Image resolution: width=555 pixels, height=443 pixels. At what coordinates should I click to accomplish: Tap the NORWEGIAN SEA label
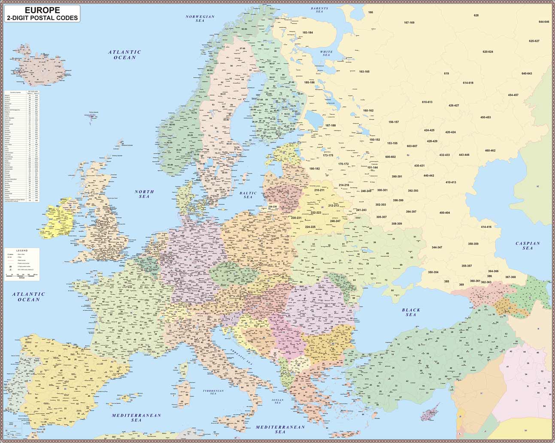[x=200, y=18]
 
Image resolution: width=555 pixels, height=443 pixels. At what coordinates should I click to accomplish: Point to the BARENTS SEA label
[x=319, y=10]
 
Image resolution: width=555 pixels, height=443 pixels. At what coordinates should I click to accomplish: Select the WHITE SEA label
[x=327, y=53]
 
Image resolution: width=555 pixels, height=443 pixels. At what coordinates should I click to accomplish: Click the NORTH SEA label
[x=144, y=194]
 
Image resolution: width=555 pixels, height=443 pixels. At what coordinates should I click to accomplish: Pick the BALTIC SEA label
[x=248, y=195]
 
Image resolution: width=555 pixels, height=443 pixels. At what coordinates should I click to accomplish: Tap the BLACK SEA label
[x=411, y=312]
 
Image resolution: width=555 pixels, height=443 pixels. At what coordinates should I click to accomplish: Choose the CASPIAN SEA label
[x=528, y=246]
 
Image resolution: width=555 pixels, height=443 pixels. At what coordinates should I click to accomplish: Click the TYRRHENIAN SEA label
[x=213, y=392]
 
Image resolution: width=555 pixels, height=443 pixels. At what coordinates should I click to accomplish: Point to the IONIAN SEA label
[x=277, y=401]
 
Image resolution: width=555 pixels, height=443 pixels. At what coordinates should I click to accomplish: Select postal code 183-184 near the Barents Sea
[x=307, y=33]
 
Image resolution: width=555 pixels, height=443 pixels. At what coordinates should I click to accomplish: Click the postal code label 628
[x=476, y=15]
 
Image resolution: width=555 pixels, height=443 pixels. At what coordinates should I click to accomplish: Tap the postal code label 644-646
[x=543, y=21]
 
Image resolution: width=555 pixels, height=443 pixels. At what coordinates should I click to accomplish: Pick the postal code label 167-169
[x=409, y=22]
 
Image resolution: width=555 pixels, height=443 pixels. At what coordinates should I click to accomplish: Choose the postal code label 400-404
[x=444, y=212]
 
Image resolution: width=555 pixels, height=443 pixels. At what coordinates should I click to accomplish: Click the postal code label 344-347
[x=437, y=247]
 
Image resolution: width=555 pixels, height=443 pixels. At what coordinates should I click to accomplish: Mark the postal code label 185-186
[x=309, y=82]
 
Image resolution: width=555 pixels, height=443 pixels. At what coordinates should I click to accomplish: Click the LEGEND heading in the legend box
[x=22, y=250]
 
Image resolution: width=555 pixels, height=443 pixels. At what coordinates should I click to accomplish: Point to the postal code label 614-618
[x=468, y=83]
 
